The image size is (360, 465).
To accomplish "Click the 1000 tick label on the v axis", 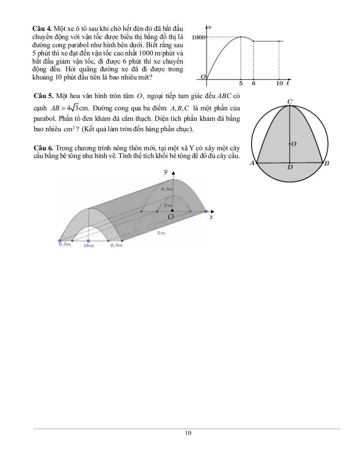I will click(199, 37).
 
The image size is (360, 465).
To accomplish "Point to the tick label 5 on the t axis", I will click(240, 84).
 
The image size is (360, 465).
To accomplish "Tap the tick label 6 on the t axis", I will click(253, 84).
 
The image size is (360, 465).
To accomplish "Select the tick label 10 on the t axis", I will click(279, 84).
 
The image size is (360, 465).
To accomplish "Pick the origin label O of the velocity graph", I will click(203, 77).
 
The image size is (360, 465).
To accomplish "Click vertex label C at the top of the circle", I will click(290, 101).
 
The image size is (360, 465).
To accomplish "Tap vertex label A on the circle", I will click(251, 163).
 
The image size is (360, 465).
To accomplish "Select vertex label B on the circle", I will click(326, 163).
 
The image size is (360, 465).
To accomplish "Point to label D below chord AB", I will click(290, 168).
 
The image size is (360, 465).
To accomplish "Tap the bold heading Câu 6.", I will click(44, 148).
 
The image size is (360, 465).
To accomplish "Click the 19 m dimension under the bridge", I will click(88, 246).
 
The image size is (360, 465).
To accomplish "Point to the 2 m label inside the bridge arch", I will click(168, 206).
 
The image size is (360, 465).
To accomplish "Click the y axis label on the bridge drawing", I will click(166, 172).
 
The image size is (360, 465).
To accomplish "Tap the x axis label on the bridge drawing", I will click(211, 218).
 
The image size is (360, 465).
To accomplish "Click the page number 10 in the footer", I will click(188, 433).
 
